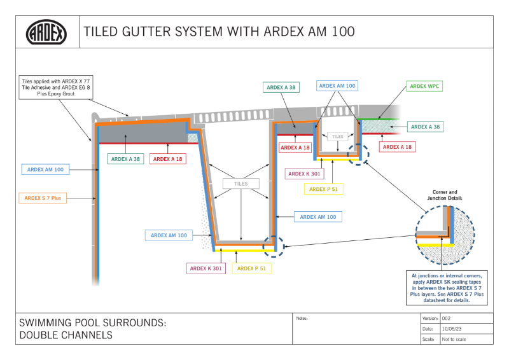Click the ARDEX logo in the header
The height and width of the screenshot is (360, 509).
(46, 32)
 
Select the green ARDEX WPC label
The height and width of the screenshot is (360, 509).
(426, 86)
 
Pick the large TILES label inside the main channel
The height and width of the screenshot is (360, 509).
(241, 184)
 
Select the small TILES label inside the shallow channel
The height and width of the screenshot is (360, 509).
(337, 136)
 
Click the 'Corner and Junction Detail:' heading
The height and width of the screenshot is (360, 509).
(444, 195)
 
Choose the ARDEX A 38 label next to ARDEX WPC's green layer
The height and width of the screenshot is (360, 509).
(426, 127)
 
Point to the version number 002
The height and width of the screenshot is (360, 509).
(447, 318)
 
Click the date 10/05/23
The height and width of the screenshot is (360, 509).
(452, 329)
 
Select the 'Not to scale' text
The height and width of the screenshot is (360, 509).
(454, 340)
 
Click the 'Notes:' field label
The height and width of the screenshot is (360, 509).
(302, 317)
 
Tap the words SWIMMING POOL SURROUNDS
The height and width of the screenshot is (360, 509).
(93, 323)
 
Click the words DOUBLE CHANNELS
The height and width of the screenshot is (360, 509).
(66, 335)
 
